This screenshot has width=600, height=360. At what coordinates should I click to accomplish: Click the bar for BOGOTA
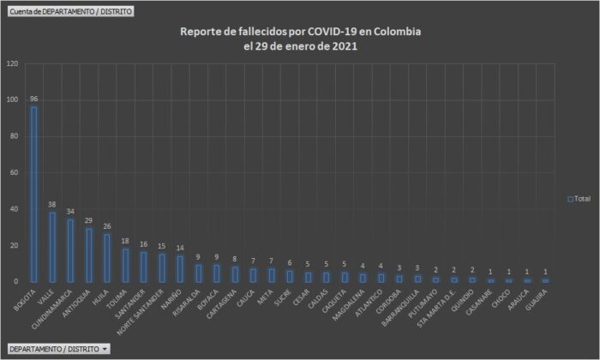tap(34, 195)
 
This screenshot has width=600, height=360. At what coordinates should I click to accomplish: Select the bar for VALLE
tap(52, 248)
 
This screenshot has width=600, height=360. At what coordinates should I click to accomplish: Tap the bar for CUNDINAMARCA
tap(70, 251)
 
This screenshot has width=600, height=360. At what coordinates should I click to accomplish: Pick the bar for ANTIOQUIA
tap(89, 255)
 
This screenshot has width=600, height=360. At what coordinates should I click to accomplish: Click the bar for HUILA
tap(107, 258)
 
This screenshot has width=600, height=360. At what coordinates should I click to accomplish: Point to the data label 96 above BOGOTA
tap(34, 99)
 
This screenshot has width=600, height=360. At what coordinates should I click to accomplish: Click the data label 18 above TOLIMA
tap(125, 241)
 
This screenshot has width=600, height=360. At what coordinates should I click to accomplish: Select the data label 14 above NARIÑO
tap(180, 248)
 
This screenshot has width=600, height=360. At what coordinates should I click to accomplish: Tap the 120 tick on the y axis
tap(12, 64)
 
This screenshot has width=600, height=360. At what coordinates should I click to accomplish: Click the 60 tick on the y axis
tap(14, 173)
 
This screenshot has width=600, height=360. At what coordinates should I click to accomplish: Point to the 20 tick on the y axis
tap(14, 246)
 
